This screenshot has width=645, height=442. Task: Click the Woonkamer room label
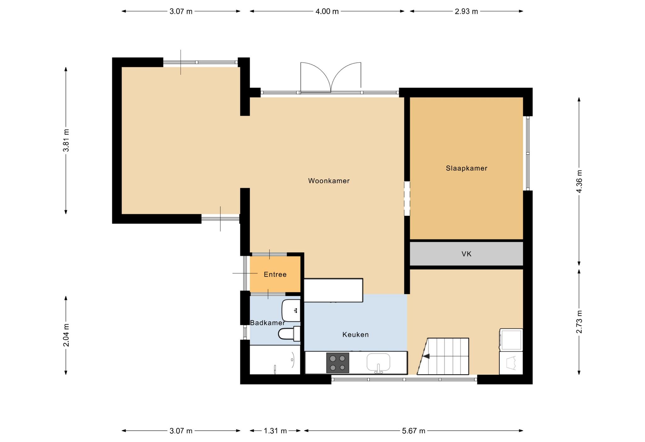click(x=329, y=181)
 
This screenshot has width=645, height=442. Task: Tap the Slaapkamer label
click(x=466, y=168)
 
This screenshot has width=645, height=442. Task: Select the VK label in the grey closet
click(x=466, y=254)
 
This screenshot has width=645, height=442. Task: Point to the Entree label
click(x=275, y=275)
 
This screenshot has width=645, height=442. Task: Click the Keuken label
click(x=356, y=335)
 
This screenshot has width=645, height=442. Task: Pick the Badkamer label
click(x=267, y=323)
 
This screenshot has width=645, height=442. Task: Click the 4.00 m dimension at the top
click(x=327, y=11)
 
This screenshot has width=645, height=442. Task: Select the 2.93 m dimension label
click(x=466, y=11)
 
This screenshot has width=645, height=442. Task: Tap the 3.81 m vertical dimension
click(x=66, y=140)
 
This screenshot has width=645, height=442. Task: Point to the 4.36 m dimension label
click(x=579, y=181)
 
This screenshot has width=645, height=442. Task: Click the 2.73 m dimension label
click(x=579, y=322)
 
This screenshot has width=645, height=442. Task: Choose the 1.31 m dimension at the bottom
click(x=275, y=431)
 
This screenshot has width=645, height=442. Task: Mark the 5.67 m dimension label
click(x=414, y=431)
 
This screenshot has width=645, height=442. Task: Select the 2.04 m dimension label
click(x=66, y=335)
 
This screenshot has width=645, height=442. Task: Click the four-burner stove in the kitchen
click(x=338, y=363)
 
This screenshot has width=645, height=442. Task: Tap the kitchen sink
click(x=378, y=363)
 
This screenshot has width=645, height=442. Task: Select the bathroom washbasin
click(x=291, y=310)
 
